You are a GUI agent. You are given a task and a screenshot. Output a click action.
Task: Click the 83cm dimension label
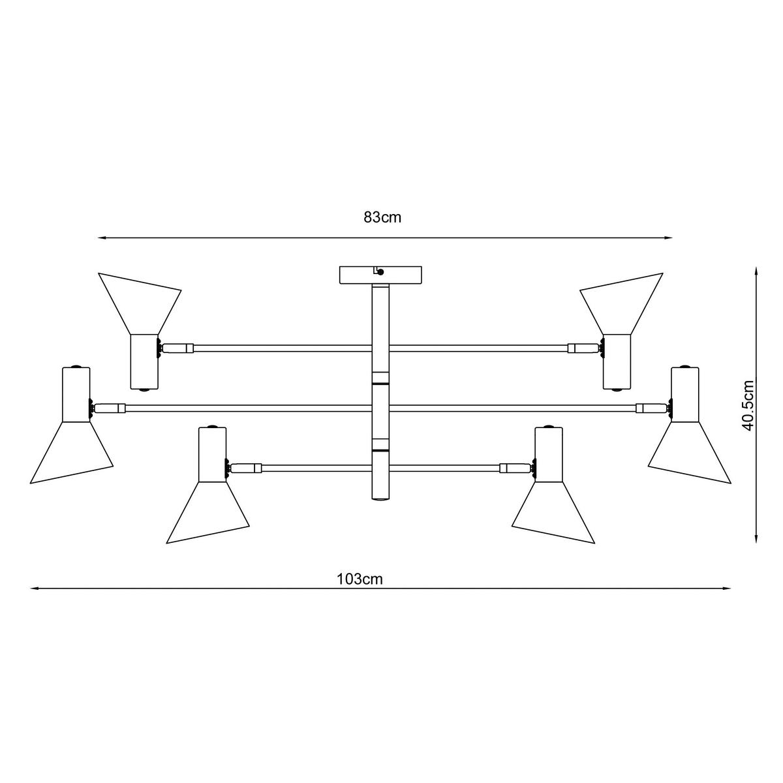click(x=383, y=218)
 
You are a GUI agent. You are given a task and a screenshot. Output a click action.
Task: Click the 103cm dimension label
click(x=360, y=579)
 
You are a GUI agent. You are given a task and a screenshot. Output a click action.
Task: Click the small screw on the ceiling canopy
click(x=381, y=272)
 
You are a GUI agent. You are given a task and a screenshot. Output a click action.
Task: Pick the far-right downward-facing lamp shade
click(x=690, y=451)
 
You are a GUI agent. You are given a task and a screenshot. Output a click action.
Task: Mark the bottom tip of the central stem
click(x=381, y=499)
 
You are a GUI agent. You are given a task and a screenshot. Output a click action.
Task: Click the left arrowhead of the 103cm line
click(x=34, y=588)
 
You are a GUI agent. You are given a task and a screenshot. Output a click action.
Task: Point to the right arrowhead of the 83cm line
click(x=669, y=238)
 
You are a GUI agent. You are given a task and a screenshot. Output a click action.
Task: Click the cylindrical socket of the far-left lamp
click(x=76, y=395)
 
